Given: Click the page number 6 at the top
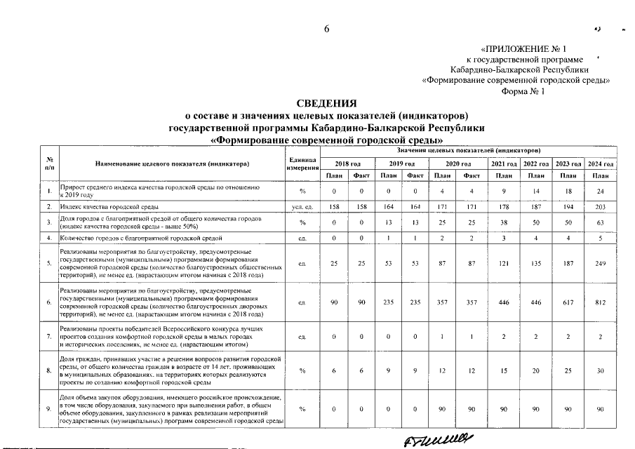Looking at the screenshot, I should pyautogui.click(x=326, y=29).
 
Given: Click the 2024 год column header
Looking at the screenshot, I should pyautogui.click(x=601, y=163).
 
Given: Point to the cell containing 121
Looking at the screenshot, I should pyautogui.click(x=502, y=264).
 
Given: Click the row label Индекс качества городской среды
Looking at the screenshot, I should pyautogui.click(x=109, y=208).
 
